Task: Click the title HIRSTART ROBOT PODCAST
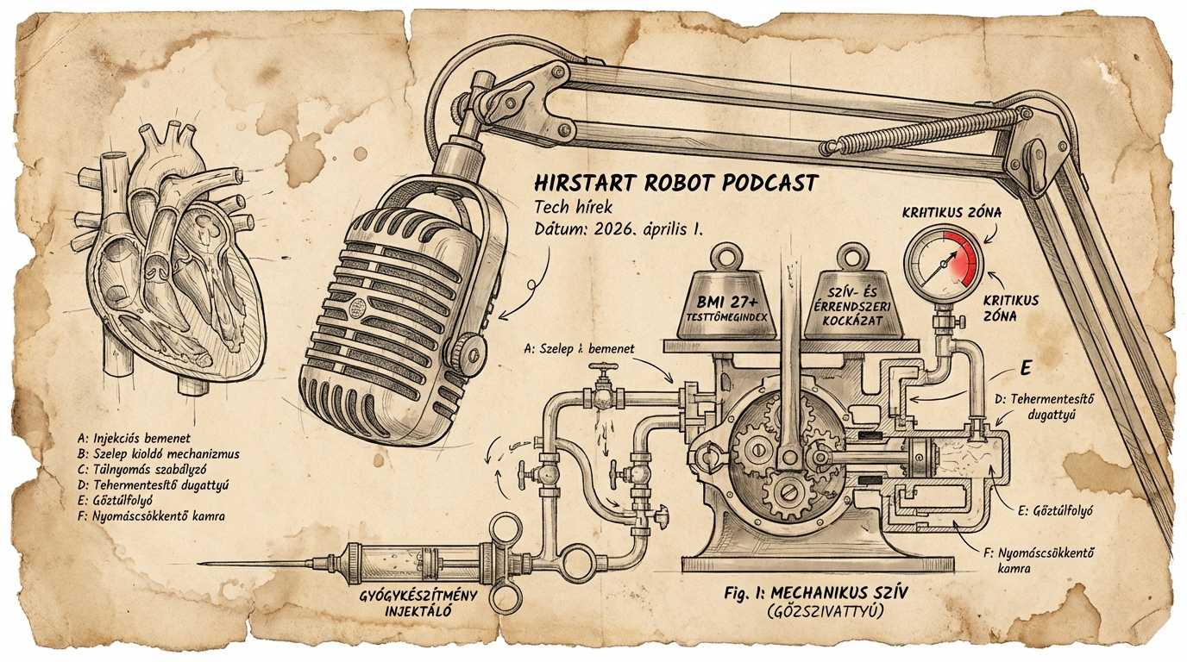(675, 184)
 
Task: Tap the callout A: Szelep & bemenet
(578, 349)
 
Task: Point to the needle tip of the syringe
(204, 565)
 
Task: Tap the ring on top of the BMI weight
(732, 257)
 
